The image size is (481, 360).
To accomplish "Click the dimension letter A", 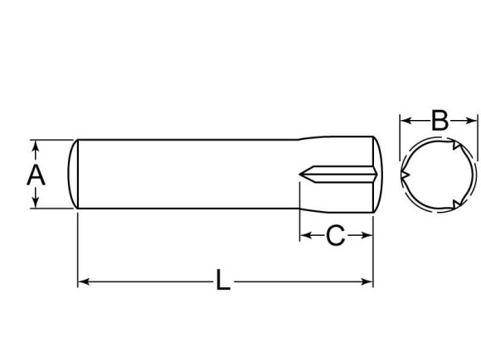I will click(x=35, y=175).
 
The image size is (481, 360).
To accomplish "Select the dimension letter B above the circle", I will click(x=440, y=121).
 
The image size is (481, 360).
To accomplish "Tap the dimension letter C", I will click(x=334, y=237).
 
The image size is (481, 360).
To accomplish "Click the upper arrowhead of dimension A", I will click(x=36, y=145).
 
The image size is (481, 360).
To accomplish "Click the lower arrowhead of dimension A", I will click(x=36, y=204).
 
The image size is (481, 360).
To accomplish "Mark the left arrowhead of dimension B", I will click(x=405, y=121).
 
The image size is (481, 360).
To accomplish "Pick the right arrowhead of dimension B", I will click(x=475, y=121).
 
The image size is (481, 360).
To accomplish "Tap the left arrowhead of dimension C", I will click(x=304, y=237).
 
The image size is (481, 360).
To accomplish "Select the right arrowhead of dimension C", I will click(x=367, y=237).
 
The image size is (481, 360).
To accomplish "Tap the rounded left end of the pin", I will click(x=73, y=174).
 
